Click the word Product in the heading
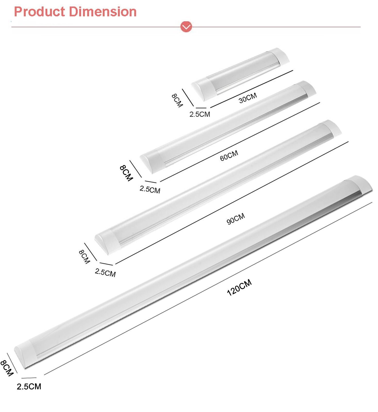point(39,12)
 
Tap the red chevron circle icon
point(186,27)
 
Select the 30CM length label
point(248,98)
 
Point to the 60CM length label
point(229,156)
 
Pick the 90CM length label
point(236,219)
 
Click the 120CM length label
point(239,287)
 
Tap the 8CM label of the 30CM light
point(177,100)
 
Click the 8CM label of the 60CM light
point(126,173)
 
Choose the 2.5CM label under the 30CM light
point(200,114)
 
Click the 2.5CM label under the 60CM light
point(150,190)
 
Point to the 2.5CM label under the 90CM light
point(105,272)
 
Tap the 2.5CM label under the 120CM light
point(29,387)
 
